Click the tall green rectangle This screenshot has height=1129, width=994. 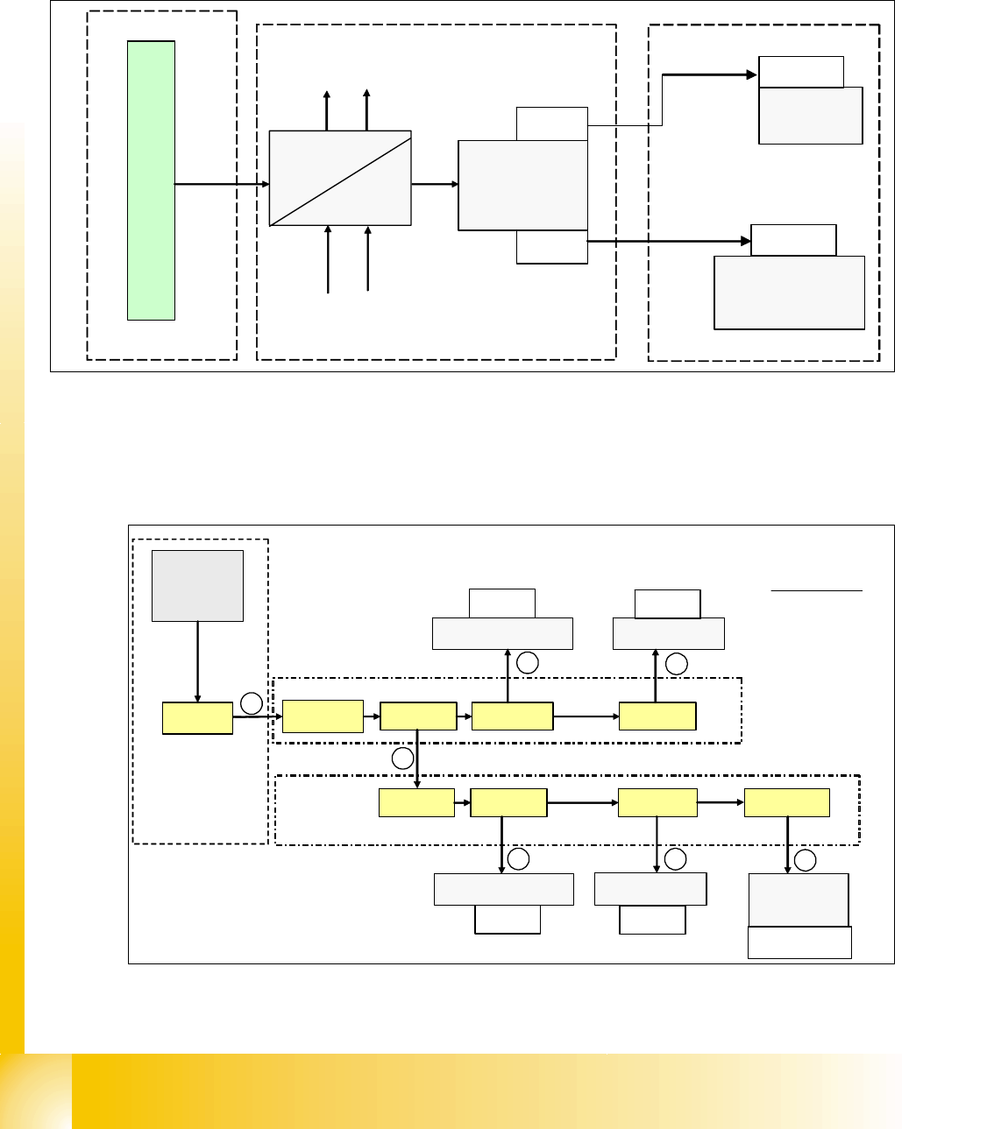(x=151, y=180)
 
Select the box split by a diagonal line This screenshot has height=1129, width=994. (x=340, y=178)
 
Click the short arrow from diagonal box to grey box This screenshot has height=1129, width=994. (x=435, y=184)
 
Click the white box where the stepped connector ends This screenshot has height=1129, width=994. (x=801, y=72)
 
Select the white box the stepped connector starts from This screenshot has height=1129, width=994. (x=551, y=123)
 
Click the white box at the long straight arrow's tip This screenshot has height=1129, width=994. (x=793, y=240)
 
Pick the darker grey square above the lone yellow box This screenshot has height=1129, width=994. (x=197, y=585)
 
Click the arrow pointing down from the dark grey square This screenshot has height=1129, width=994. (x=198, y=661)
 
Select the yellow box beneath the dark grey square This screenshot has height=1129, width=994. (x=197, y=718)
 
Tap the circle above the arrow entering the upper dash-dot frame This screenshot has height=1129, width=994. (x=252, y=702)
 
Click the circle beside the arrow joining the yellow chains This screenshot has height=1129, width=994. (x=402, y=759)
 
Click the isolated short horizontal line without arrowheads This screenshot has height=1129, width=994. (x=817, y=591)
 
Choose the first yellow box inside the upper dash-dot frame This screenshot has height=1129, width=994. (x=323, y=716)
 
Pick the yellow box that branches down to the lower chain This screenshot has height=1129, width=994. (x=418, y=716)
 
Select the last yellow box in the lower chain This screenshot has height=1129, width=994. (x=786, y=802)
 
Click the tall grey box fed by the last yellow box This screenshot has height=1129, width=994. (x=799, y=900)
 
